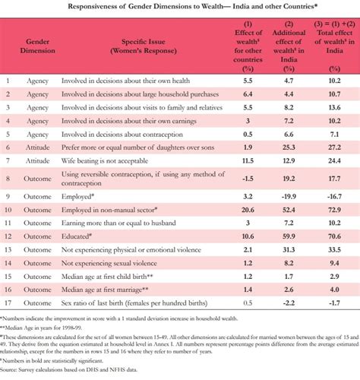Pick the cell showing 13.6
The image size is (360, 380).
(333, 106)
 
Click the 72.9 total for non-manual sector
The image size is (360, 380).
(333, 209)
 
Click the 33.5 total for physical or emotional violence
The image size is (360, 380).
(333, 249)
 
